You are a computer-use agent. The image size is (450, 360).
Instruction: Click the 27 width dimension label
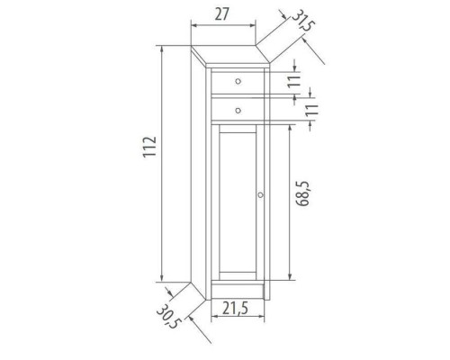click(x=224, y=15)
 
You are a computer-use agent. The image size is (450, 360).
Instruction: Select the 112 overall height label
click(x=149, y=149)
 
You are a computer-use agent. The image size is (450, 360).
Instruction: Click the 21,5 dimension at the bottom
click(x=237, y=309)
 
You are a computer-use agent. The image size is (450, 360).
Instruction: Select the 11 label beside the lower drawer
click(x=312, y=111)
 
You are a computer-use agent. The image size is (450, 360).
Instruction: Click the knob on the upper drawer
click(x=238, y=82)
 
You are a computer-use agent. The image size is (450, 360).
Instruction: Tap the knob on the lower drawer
click(x=238, y=110)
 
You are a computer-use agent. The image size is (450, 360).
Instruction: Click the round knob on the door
click(x=259, y=195)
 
